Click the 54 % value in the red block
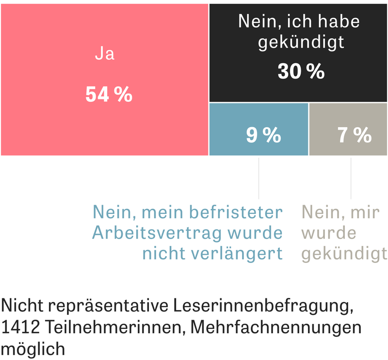click(109, 94)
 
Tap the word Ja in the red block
click(104, 54)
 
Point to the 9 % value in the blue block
click(263, 135)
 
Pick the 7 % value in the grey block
click(355, 135)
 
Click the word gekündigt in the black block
click(301, 43)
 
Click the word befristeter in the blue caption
click(243, 213)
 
